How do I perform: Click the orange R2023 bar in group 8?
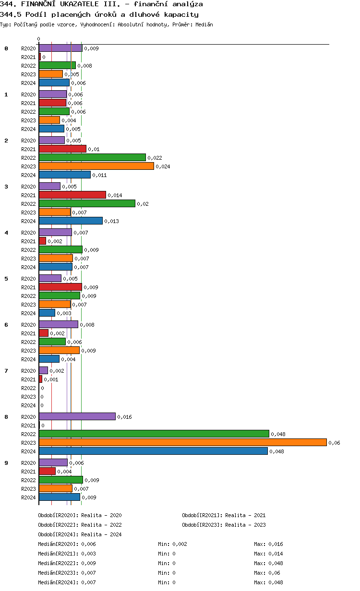click(x=182, y=442)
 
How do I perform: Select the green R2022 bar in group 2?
click(x=92, y=157)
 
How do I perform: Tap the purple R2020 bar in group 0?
click(x=60, y=48)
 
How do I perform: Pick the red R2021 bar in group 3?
click(x=72, y=195)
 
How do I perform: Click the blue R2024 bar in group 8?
click(x=153, y=451)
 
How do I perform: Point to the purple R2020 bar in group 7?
click(x=43, y=370)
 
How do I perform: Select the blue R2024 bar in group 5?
click(x=47, y=313)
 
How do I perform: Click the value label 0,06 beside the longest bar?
click(x=334, y=443)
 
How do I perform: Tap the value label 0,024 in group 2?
click(x=163, y=166)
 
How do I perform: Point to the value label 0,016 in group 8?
click(x=124, y=417)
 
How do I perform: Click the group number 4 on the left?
click(x=6, y=233)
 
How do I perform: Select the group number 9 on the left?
click(x=6, y=463)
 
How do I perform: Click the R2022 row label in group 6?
click(x=28, y=342)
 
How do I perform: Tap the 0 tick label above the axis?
click(x=39, y=39)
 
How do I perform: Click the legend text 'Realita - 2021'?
click(x=245, y=515)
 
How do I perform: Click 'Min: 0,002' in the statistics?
click(x=172, y=544)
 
